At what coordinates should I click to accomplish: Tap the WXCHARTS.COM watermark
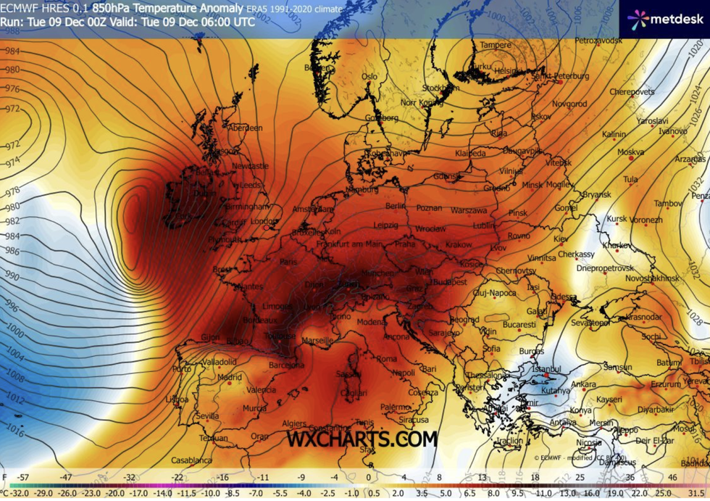point(362,439)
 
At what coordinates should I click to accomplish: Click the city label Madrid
point(229,377)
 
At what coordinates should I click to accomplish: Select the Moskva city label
point(630,153)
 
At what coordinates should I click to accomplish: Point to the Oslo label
point(369,76)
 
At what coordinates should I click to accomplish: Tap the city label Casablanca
point(191,460)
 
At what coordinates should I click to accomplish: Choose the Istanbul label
point(546,369)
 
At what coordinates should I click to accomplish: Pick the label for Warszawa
point(468,210)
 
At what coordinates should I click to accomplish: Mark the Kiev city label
point(561,239)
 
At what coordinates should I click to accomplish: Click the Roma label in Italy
point(386,358)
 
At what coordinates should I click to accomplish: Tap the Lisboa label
point(177,399)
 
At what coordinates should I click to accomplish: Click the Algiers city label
point(294,423)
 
